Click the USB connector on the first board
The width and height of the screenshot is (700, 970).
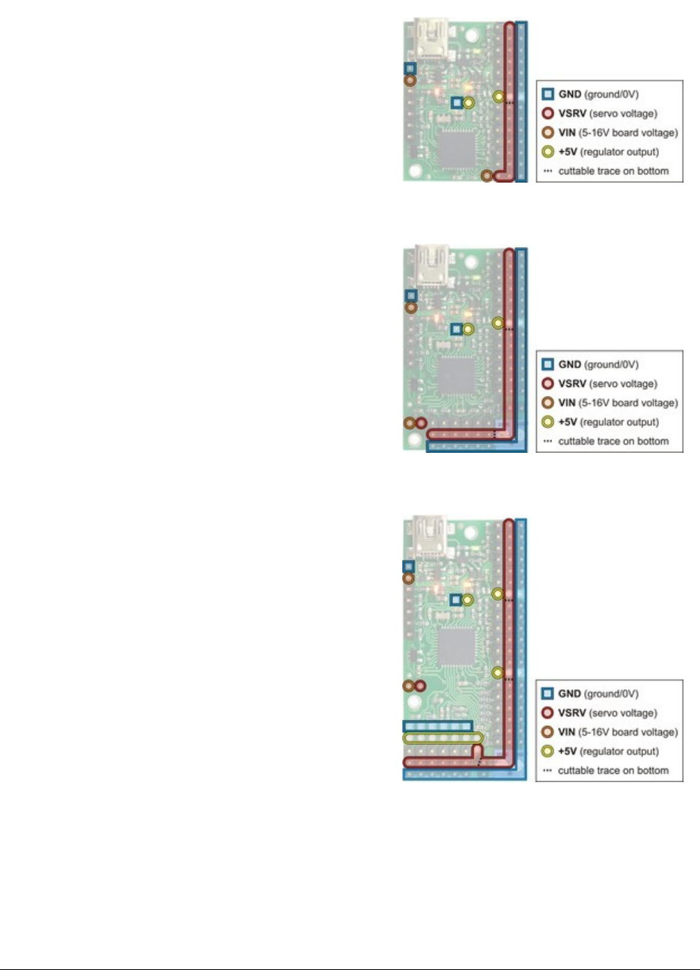(432, 37)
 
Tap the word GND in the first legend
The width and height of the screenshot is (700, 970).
(570, 94)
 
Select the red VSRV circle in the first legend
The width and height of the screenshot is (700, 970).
(547, 114)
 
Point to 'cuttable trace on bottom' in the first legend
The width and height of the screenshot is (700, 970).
(613, 171)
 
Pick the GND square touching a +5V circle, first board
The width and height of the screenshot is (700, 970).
(457, 103)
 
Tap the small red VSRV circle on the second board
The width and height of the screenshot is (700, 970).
(420, 423)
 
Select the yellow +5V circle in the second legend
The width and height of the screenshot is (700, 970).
(547, 422)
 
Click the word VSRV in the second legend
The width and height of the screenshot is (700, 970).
(573, 384)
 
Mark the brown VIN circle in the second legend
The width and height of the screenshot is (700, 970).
(547, 403)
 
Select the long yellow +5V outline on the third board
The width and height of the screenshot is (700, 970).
(441, 739)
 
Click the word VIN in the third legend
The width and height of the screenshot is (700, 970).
(567, 732)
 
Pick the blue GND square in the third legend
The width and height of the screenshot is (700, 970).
(547, 694)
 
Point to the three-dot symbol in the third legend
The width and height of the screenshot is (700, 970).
(547, 771)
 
